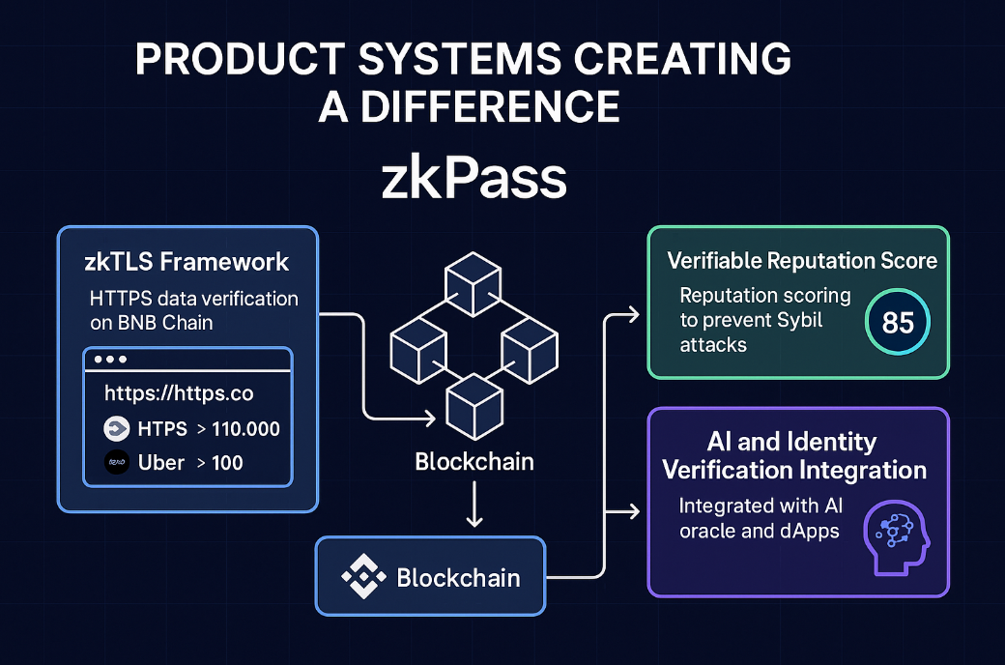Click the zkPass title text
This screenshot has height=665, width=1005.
[x=473, y=181]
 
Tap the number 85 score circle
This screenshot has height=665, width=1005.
[x=898, y=322]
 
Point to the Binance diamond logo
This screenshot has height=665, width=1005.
[x=363, y=578]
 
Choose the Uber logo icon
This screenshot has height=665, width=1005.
[x=117, y=462]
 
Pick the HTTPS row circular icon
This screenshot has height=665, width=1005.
[x=117, y=429]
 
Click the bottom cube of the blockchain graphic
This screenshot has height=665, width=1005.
[x=473, y=404]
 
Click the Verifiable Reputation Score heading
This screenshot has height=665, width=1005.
[x=802, y=261]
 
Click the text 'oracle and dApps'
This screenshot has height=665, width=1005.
[x=759, y=531]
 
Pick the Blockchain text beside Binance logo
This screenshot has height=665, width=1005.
[x=458, y=578]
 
